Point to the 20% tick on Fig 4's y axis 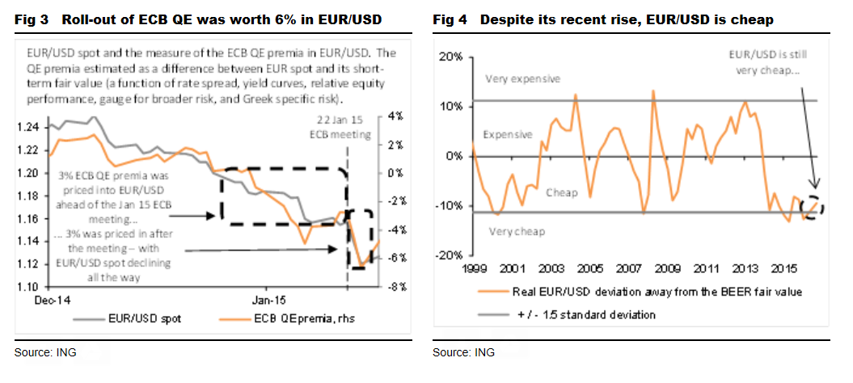[x=450, y=57]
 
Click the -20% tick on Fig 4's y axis [x=447, y=255]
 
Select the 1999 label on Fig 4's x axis [x=475, y=268]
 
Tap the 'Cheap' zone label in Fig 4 [x=562, y=193]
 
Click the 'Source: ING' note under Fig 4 [x=463, y=352]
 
